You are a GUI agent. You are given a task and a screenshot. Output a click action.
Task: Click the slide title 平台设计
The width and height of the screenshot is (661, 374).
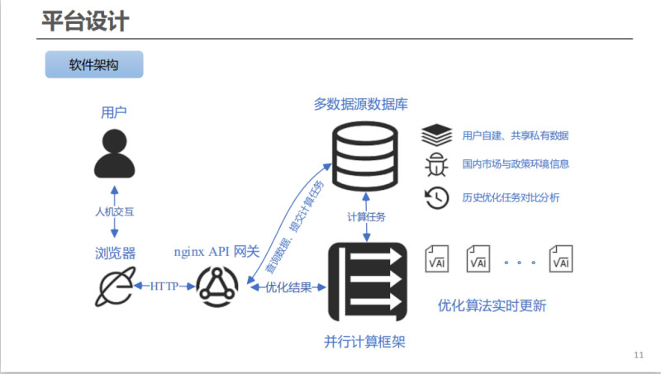pos(85,21)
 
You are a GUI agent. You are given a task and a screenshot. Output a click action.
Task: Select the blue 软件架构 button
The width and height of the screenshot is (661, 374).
pos(94,64)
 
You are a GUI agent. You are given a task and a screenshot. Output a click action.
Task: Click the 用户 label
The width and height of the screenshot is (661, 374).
pos(114,111)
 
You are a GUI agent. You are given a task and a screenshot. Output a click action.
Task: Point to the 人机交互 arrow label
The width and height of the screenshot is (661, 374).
pos(114,211)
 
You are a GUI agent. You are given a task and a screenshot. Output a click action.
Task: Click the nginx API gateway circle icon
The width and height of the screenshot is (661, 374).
pos(218,286)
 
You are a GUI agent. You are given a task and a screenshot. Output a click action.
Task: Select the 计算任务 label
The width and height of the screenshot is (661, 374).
pos(365,216)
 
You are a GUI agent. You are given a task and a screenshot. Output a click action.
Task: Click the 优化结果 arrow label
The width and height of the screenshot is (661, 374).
pos(288,287)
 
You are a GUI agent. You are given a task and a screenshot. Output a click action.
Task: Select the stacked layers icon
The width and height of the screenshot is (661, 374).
pos(435,135)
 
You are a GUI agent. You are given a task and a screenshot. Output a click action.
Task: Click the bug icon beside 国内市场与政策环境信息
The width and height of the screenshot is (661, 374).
pos(435,164)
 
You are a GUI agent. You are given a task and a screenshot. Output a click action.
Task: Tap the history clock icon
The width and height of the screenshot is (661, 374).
pos(435,196)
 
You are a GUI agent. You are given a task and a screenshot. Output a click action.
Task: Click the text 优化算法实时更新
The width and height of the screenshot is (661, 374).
pos(492,305)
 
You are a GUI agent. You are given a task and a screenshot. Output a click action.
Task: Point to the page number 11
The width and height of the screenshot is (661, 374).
pos(638,355)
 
